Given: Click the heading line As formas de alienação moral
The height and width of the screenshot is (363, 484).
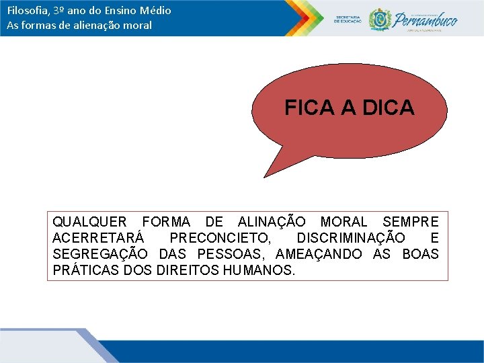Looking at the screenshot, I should click(x=79, y=26).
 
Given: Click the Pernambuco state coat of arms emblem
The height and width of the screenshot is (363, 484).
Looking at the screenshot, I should click(x=380, y=19).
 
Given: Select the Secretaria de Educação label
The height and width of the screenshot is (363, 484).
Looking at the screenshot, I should click(x=348, y=19).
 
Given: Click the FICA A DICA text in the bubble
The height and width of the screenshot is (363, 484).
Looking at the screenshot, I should click(x=349, y=108).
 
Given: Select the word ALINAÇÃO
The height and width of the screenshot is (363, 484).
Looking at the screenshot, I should click(x=272, y=222).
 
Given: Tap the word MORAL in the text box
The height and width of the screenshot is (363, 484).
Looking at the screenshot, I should click(x=344, y=222).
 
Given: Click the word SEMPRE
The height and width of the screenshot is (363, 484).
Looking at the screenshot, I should click(x=410, y=222).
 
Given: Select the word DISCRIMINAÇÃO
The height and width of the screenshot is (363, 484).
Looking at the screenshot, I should click(x=350, y=239).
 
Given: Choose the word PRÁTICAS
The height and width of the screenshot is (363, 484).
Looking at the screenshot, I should click(x=84, y=271).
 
